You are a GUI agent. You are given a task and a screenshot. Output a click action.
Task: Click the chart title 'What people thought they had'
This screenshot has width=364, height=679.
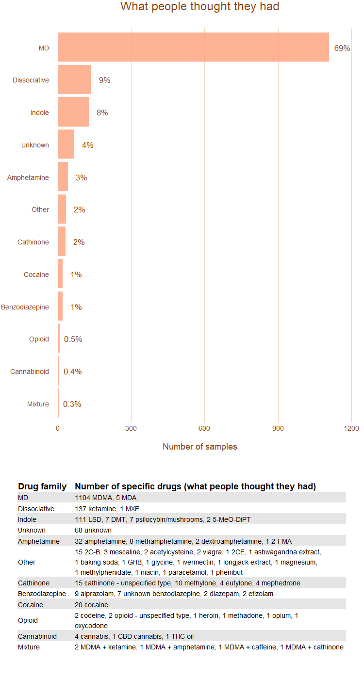coord(199,7)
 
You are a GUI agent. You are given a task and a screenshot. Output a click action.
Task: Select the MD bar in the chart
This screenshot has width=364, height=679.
coord(193,47)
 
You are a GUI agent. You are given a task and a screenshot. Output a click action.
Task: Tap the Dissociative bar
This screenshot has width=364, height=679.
coord(74,80)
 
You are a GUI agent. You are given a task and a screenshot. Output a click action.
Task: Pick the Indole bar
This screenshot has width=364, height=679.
coord(73,112)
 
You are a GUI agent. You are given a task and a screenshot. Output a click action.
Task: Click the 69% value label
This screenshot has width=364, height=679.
coord(342,48)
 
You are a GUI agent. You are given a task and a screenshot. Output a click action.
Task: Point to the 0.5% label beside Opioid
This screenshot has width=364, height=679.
coord(73,339)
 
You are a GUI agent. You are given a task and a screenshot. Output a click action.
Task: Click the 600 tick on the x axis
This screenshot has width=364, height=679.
coord(204,428)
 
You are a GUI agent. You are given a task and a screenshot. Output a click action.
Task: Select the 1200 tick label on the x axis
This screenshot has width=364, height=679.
coord(351,428)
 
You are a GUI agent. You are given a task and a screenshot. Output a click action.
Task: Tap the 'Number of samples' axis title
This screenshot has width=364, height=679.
coord(199,447)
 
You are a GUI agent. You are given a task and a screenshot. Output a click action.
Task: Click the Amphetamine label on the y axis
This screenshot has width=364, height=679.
coord(28,178)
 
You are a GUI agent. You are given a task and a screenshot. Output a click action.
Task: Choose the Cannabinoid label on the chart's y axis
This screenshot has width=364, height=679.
coord(30,372)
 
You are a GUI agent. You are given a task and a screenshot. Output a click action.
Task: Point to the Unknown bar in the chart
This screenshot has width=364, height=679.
coord(66,145)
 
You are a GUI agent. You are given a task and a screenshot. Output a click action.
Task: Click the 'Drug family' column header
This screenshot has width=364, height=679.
coord(42,486)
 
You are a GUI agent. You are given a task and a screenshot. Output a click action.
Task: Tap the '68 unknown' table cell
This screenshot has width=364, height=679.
coord(93,530)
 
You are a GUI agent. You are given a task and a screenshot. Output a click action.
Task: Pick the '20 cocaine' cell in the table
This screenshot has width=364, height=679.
coord(91,605)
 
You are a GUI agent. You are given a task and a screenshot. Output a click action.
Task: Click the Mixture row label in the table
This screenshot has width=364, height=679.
coord(29,647)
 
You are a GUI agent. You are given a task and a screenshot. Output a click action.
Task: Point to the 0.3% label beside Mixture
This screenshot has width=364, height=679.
coord(72,404)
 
